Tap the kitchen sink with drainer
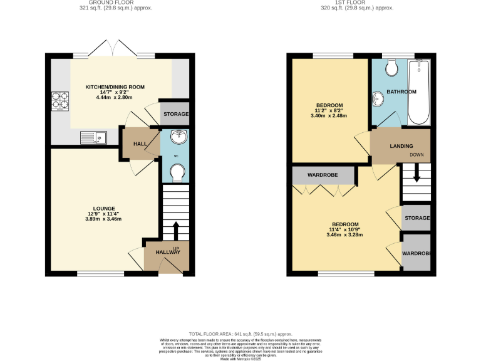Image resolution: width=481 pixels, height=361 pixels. point(94,136)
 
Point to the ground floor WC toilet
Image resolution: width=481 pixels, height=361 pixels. point(177,172)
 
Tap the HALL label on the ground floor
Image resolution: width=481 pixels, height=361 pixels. point(140,144)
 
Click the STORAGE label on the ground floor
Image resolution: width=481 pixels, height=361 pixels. point(175,115)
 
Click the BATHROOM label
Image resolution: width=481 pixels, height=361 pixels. point(401,92)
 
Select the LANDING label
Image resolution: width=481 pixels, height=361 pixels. point(401,146)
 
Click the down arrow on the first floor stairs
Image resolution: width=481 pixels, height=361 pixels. point(416,176)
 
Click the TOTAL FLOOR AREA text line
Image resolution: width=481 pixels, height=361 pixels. point(240,334)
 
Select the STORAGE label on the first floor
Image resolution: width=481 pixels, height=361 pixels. point(417,218)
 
